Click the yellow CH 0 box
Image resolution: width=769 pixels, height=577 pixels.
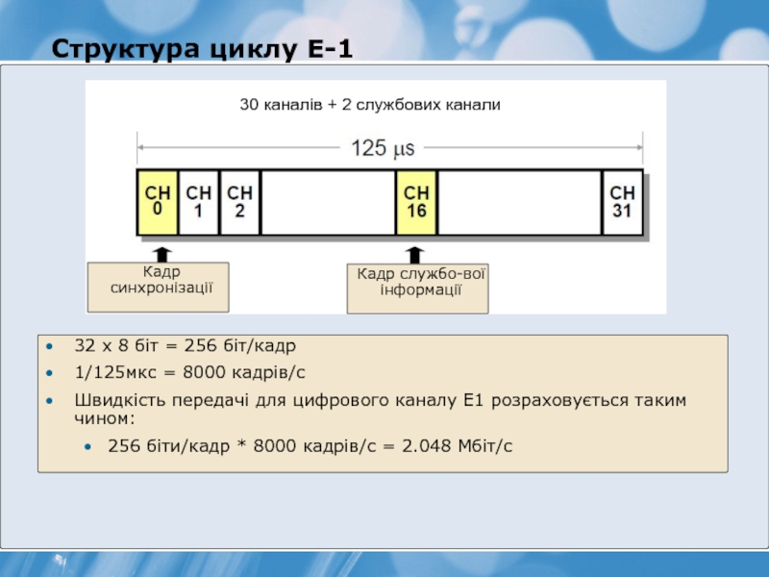(158, 202)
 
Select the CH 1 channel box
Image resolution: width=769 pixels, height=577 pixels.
(199, 202)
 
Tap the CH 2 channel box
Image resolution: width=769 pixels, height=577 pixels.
(239, 202)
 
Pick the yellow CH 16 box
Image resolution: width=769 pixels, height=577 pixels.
(416, 202)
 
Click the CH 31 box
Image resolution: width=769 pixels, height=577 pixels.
(622, 202)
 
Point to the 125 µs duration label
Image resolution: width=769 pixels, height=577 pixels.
(383, 148)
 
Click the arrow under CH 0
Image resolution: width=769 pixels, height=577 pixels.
(161, 255)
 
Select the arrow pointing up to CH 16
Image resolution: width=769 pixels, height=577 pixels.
(415, 255)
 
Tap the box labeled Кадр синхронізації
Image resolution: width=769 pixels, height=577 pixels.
(158, 287)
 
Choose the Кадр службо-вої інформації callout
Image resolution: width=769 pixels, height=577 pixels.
(418, 288)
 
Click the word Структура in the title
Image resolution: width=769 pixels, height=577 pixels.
(126, 49)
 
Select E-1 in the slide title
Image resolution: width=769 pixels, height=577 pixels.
(330, 49)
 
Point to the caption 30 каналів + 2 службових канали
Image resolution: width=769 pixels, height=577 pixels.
(370, 105)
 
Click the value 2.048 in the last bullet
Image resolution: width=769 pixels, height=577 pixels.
(427, 445)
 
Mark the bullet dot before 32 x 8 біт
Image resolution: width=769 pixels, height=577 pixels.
(49, 346)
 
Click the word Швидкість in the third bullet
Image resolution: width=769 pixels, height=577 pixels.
(119, 400)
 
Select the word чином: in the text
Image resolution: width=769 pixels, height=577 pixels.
(105, 418)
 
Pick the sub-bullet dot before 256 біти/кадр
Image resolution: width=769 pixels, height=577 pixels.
(87, 446)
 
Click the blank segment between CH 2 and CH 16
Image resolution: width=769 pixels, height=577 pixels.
(328, 202)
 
